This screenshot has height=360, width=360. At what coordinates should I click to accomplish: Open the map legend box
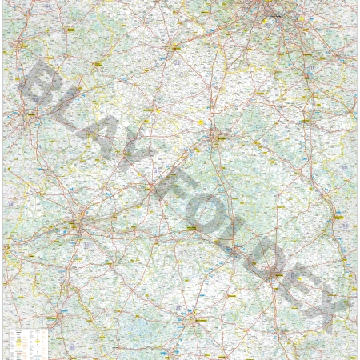point(27,342)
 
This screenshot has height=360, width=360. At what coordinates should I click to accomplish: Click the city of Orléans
point(216,136)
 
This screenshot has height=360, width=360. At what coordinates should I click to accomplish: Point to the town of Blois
point(151,188)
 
